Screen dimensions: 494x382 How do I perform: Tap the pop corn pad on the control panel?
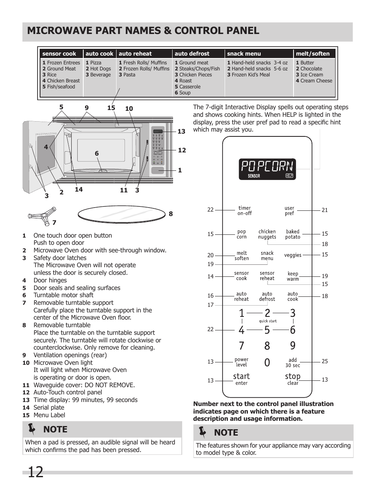(x=241, y=234)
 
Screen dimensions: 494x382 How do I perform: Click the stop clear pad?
(x=293, y=379)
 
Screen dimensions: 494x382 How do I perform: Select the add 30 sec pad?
(x=293, y=362)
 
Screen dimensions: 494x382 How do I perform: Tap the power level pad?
(x=241, y=362)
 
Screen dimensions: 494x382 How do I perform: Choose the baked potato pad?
(x=293, y=234)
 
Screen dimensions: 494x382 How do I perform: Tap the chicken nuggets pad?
(x=267, y=234)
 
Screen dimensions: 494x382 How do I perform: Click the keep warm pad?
(x=293, y=276)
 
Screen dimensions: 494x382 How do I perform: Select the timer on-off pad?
(x=244, y=210)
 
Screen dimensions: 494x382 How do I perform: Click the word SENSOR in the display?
(x=254, y=176)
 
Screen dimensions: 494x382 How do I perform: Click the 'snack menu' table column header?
(x=244, y=54)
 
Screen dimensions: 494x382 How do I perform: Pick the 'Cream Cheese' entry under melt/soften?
(x=316, y=81)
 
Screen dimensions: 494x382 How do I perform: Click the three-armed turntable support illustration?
(x=43, y=215)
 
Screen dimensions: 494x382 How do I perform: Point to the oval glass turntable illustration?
(x=121, y=214)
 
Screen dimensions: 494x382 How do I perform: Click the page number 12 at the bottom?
(x=35, y=472)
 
